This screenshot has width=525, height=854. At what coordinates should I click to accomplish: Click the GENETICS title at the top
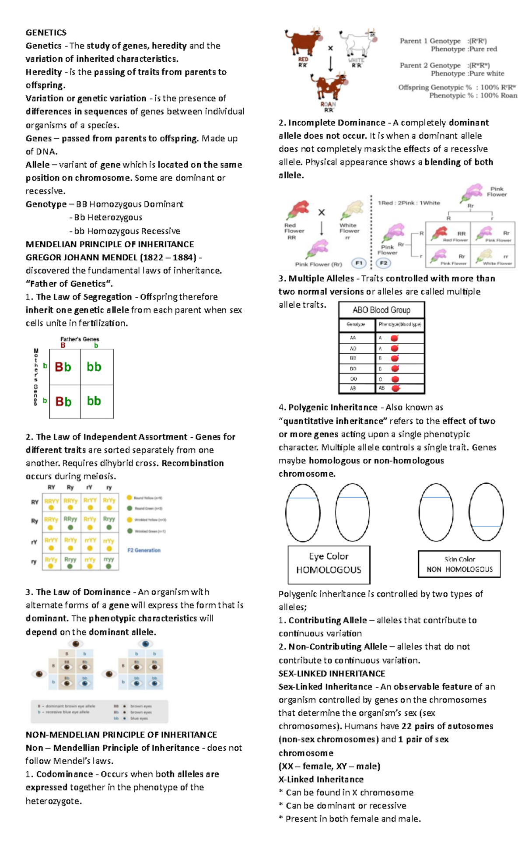coord(46,32)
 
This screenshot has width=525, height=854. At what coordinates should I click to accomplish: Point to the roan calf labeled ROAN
coord(329,87)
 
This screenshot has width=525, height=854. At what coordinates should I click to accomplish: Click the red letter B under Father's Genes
coord(63,345)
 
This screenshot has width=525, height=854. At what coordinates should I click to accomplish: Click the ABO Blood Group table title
coord(381,310)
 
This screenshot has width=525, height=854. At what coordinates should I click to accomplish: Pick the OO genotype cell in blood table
coord(353,379)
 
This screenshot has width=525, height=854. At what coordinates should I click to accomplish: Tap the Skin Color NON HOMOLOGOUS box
coord(459,564)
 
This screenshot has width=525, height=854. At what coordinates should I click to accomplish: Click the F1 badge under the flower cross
coord(359,263)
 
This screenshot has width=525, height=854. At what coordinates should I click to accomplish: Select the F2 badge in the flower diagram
coord(383,263)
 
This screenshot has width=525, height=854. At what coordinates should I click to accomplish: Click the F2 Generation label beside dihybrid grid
coord(144,550)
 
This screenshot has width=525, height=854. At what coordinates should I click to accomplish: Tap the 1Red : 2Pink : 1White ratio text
coord(409,203)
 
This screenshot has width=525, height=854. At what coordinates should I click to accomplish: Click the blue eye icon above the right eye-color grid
coord(145,643)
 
